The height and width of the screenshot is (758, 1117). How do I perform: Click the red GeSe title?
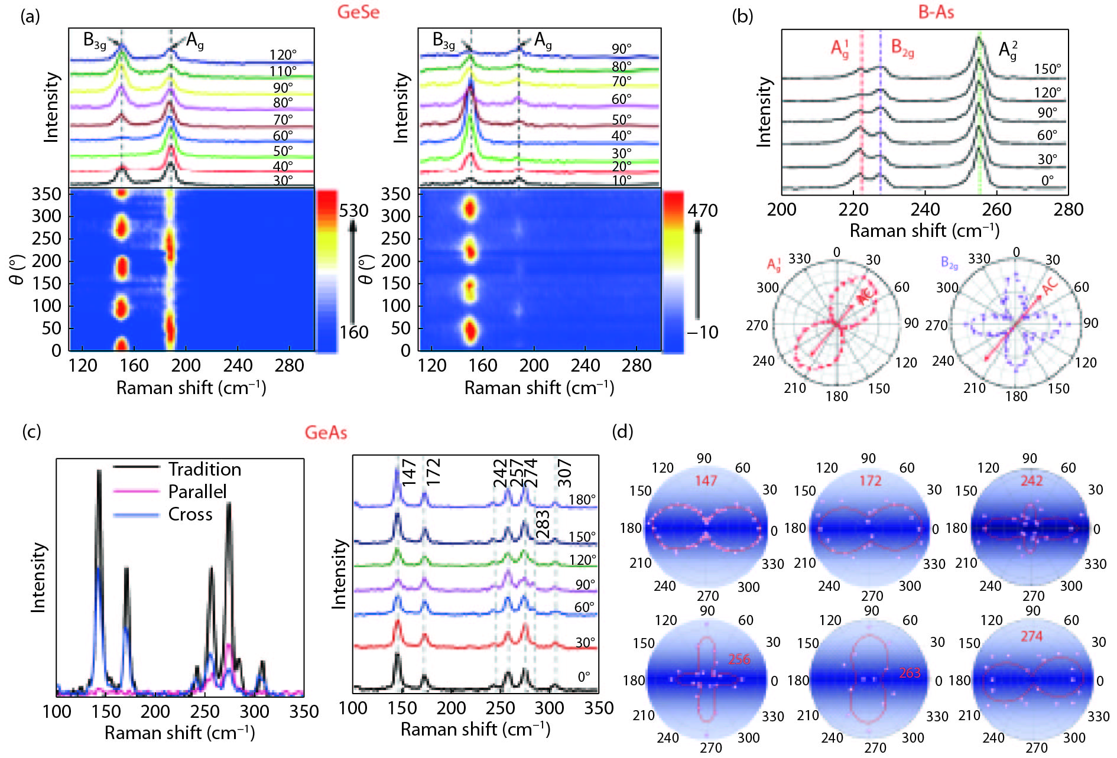(x=358, y=12)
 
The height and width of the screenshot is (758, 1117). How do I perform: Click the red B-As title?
(x=936, y=12)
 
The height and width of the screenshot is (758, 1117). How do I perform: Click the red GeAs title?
(x=326, y=432)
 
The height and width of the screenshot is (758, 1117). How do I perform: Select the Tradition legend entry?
(x=204, y=469)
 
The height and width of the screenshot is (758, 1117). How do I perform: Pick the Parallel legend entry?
(x=197, y=492)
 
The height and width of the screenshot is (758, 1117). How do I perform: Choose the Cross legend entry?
(x=190, y=514)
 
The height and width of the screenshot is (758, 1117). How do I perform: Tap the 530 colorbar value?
(x=353, y=211)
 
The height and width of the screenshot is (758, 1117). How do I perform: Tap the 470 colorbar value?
(x=702, y=211)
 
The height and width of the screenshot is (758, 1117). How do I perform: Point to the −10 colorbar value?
(x=702, y=332)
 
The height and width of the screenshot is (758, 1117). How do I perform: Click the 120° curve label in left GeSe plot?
(x=283, y=55)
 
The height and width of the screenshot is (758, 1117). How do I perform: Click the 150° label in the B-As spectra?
(x=1047, y=69)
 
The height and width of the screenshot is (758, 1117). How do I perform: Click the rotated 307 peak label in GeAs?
(x=564, y=473)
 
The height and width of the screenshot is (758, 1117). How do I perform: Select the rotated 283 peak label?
(x=543, y=524)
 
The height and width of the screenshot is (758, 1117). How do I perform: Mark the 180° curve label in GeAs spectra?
(x=582, y=500)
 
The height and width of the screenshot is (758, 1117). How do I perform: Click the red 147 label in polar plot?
(x=706, y=480)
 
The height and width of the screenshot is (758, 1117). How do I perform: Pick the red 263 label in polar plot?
(x=910, y=672)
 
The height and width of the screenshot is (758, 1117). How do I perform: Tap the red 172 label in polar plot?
(x=871, y=480)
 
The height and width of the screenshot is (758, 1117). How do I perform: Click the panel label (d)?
(x=623, y=431)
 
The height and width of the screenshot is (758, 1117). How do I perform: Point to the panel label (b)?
(x=742, y=16)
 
